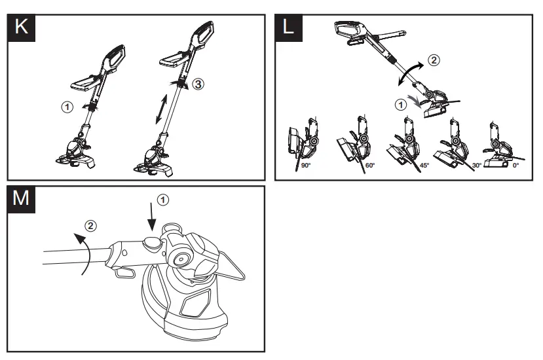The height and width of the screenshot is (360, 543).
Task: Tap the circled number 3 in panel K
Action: [197, 84]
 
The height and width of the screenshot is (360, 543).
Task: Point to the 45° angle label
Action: [424, 166]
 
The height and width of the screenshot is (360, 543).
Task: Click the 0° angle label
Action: [515, 166]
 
